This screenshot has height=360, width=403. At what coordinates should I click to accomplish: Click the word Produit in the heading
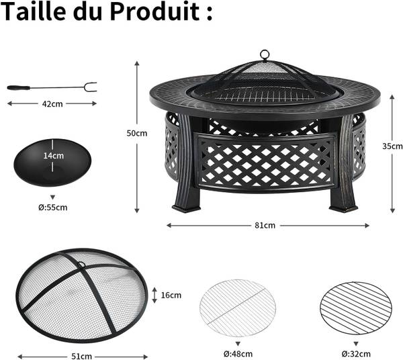[x=155, y=11]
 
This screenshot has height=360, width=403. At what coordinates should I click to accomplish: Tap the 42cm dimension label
[x=52, y=104]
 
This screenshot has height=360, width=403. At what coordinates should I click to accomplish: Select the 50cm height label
[x=137, y=133]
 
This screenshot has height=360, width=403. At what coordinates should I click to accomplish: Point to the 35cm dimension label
[x=392, y=146]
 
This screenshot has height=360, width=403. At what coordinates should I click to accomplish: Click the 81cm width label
[x=265, y=226]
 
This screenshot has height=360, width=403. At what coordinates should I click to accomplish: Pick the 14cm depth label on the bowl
[x=54, y=156]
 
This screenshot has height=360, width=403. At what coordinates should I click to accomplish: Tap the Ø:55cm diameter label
[x=53, y=208]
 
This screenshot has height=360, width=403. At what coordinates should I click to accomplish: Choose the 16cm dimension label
[x=171, y=296]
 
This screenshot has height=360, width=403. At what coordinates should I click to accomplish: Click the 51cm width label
[x=81, y=357]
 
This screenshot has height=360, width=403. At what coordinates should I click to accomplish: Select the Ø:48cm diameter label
[x=238, y=354]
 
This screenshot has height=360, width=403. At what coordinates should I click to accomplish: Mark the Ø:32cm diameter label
[x=356, y=354]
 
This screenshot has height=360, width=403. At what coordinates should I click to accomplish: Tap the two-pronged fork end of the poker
[x=91, y=87]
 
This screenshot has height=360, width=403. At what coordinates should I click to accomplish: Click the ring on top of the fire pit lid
[x=265, y=54]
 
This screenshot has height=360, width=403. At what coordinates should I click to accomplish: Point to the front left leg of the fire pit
[x=185, y=165]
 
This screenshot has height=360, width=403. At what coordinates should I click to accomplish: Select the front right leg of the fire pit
[x=343, y=165]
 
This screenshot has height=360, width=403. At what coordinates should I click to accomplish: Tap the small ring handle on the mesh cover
[x=81, y=264]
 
